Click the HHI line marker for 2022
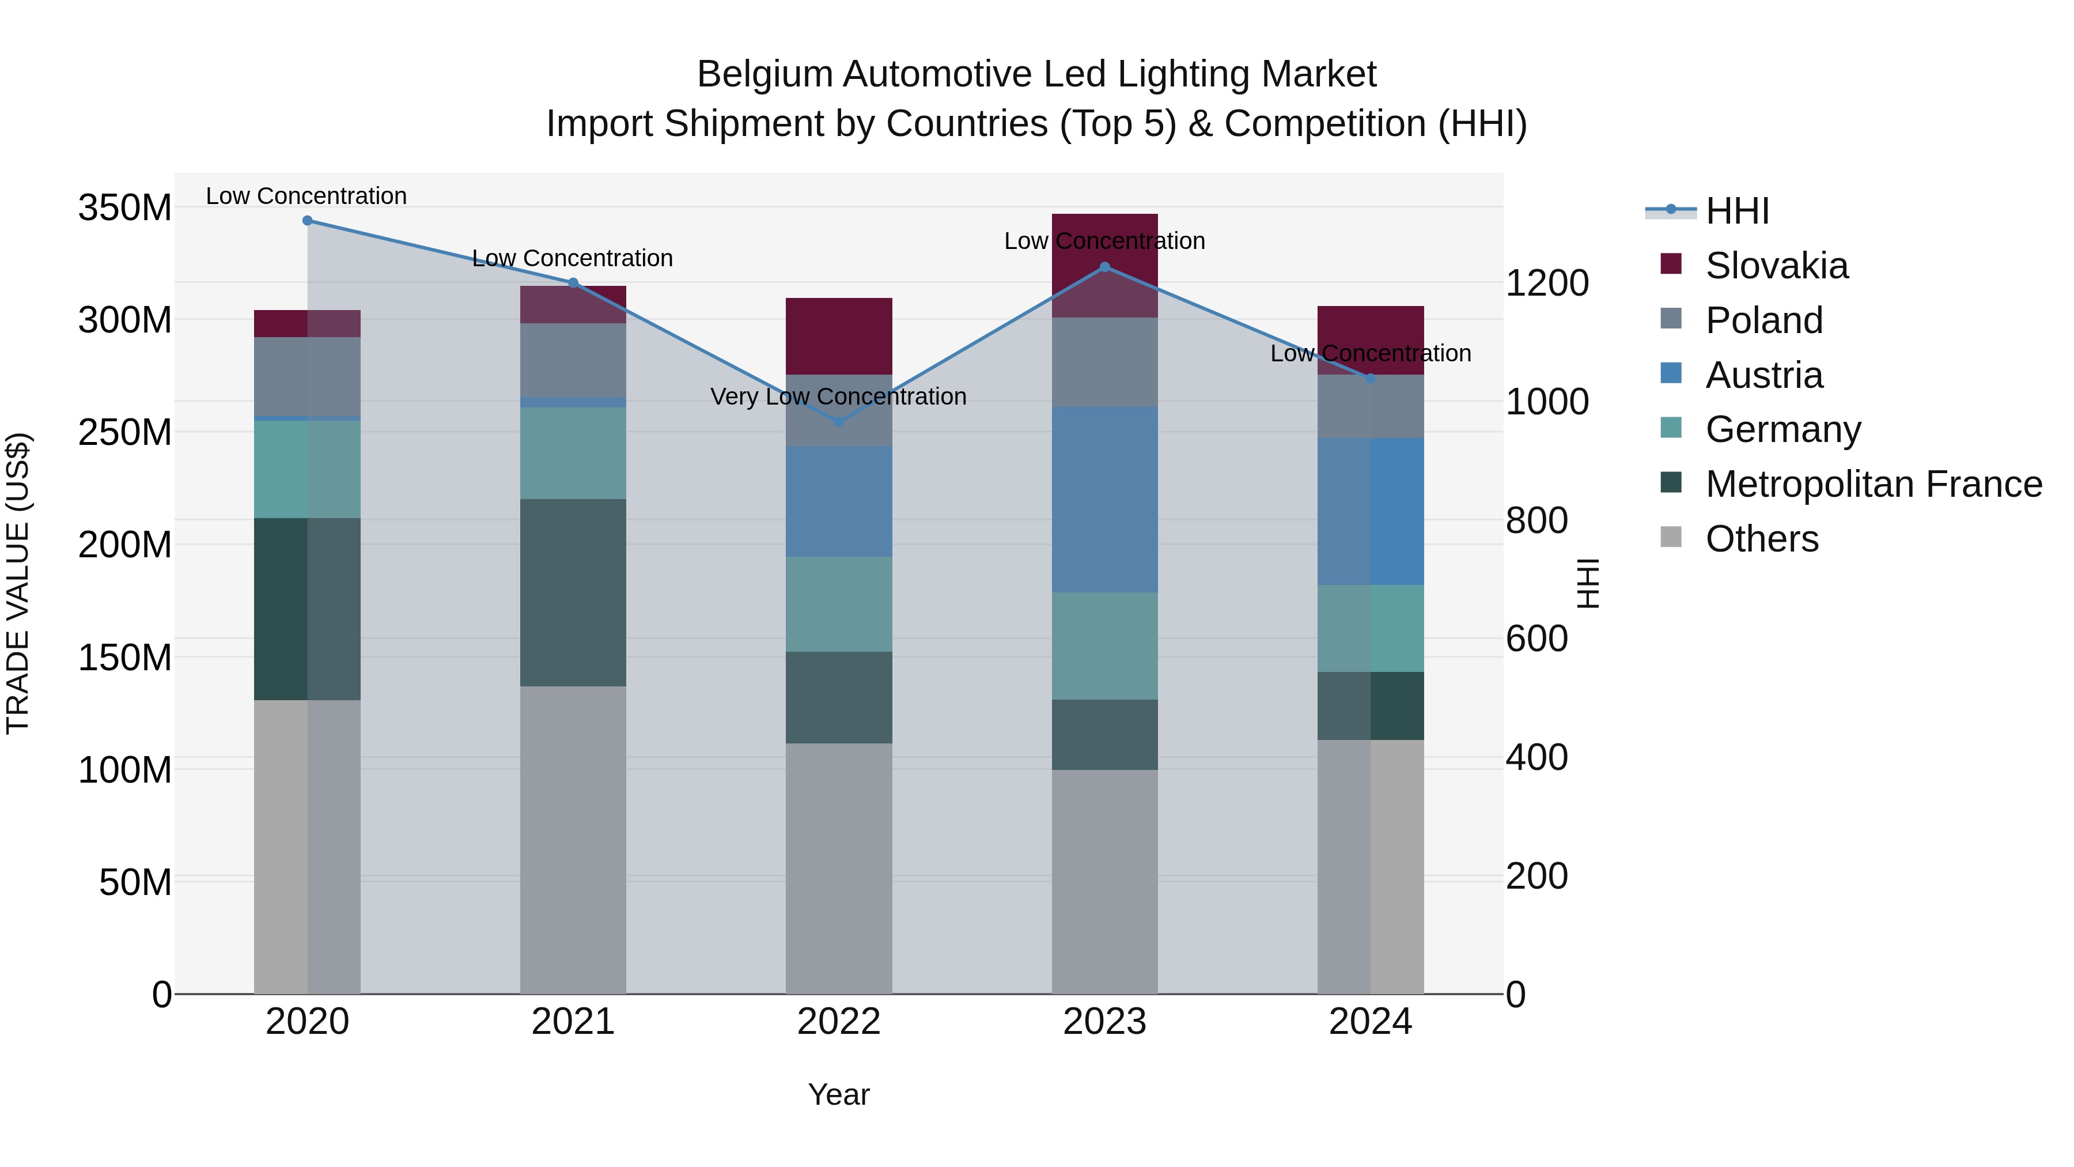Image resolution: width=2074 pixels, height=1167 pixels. [839, 422]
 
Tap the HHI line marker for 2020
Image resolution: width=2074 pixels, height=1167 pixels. [308, 221]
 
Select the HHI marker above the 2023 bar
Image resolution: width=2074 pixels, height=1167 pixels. [1104, 267]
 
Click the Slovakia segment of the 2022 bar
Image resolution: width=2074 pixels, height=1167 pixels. [839, 336]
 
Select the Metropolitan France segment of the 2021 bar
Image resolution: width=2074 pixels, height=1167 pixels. [573, 593]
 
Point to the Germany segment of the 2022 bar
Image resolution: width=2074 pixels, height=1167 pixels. [839, 604]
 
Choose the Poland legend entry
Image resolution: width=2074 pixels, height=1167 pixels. [1763, 320]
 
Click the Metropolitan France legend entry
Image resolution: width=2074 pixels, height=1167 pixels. [1873, 484]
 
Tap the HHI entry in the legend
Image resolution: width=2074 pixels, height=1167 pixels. [1736, 211]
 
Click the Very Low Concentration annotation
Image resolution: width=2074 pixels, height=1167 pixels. [838, 397]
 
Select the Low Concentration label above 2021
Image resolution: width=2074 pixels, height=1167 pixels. [573, 259]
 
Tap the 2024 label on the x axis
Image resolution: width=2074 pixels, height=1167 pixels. [1371, 1022]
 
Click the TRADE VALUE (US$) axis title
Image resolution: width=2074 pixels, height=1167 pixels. [18, 583]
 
